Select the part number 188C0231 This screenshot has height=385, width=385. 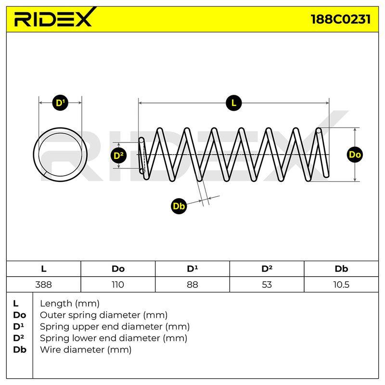tap(341, 19)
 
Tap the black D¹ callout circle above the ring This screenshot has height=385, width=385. tap(60, 103)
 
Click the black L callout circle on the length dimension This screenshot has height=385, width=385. tap(234, 103)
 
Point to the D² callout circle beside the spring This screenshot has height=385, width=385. tap(118, 155)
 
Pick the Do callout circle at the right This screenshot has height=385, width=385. tap(355, 154)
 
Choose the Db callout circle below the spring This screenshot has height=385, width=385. tap(179, 206)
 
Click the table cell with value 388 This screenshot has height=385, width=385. tap(44, 284)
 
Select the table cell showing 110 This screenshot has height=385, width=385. tap(118, 284)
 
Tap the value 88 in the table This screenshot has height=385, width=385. tap(192, 284)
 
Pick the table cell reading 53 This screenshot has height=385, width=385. tap(267, 284)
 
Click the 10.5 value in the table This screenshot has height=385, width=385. tap(341, 284)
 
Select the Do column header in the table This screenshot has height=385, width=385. tap(118, 269)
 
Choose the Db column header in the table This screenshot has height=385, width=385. tap(341, 269)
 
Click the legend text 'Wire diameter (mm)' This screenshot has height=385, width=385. tap(86, 349)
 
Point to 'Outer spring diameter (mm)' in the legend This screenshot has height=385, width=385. tap(103, 315)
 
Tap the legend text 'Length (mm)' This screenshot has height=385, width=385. tap(70, 304)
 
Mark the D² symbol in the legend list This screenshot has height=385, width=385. tap(19, 338)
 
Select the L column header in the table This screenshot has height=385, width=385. tap(44, 269)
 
